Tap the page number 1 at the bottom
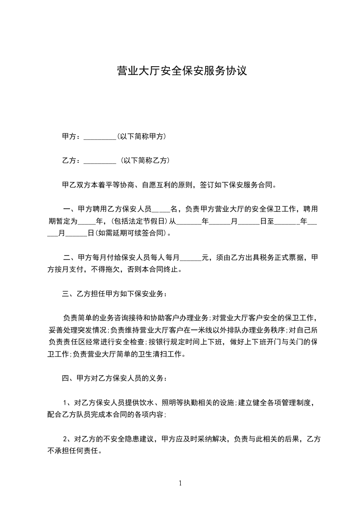point(180,483)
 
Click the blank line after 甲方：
point(100,137)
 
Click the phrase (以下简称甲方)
point(141,136)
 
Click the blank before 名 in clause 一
point(160,210)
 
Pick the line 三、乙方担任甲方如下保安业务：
point(114,294)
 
